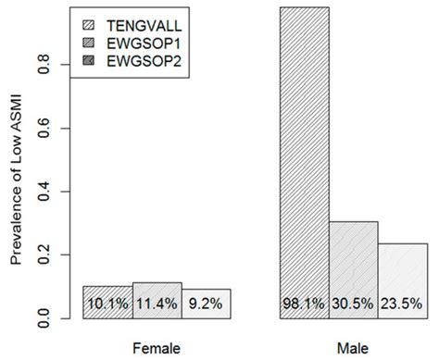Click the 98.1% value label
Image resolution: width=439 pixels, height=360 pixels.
pos(305,304)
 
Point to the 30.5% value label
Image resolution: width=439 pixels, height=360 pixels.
pos(354,304)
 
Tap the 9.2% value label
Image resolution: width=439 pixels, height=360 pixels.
pos(206,304)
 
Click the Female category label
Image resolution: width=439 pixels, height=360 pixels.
pos(157,347)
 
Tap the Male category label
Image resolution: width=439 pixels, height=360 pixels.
pos(354,347)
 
